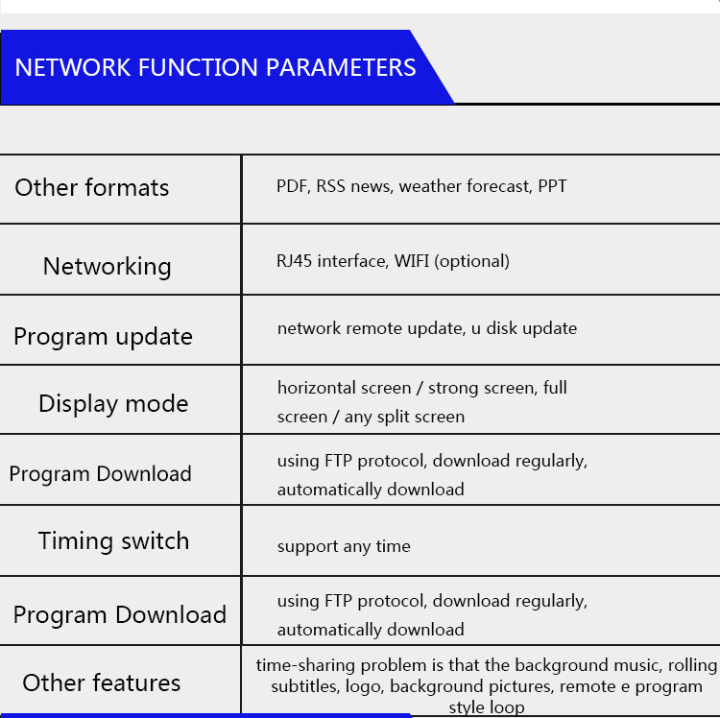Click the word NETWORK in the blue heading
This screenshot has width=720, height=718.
[x=73, y=67]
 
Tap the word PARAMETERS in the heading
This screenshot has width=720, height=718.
[x=341, y=67]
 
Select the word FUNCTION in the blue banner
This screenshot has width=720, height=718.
[x=198, y=67]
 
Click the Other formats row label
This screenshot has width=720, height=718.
[x=92, y=188]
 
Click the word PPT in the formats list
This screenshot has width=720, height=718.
[x=552, y=186]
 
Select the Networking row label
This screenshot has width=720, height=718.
[x=107, y=267]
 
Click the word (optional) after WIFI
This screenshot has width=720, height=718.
[x=472, y=261]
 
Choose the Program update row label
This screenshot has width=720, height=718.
[x=104, y=337]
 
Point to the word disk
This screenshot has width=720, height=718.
[x=502, y=328]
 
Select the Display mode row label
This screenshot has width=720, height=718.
[x=113, y=404]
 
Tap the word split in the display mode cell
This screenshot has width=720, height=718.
[x=394, y=418]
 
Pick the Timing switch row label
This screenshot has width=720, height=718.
[x=113, y=540]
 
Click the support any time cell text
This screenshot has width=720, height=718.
[x=344, y=546]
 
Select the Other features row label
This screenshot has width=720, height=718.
[x=102, y=682]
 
